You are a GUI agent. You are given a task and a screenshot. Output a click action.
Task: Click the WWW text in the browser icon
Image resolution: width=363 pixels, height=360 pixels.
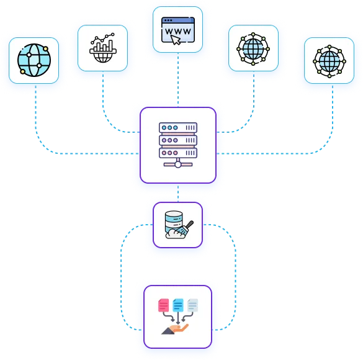(x=178, y=31)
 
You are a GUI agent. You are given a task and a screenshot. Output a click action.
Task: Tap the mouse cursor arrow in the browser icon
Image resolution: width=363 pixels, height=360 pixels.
(x=176, y=40)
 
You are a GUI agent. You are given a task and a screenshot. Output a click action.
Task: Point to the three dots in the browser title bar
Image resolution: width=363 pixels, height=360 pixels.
(x=168, y=20)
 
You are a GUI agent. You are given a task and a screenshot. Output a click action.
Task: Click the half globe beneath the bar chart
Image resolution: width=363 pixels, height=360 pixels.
(x=103, y=56)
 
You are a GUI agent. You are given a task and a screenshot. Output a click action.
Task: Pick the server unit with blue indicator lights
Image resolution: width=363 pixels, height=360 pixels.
(x=178, y=128)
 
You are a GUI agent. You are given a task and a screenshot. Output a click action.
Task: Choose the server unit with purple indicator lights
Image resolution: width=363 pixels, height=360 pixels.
(x=178, y=140)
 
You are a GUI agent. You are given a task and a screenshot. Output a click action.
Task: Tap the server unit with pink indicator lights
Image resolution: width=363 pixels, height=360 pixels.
(x=178, y=153)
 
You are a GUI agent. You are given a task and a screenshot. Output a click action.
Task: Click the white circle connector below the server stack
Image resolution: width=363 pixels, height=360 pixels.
(x=178, y=164)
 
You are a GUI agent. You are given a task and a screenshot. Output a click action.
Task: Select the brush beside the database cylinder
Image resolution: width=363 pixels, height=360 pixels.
(x=186, y=228)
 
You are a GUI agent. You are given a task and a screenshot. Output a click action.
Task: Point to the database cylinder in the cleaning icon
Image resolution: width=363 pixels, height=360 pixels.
(x=174, y=222)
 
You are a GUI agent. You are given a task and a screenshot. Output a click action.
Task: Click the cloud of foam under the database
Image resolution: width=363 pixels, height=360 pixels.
(x=175, y=234)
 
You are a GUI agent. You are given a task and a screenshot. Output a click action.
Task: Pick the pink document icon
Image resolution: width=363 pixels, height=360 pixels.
(x=163, y=305)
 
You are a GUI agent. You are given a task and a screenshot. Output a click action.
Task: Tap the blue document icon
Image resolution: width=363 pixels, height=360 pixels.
(x=178, y=305)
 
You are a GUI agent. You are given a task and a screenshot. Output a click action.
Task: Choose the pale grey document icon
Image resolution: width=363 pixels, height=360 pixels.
(x=192, y=305)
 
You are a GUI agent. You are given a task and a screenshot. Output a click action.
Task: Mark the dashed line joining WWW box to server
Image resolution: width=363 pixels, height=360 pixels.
(x=178, y=80)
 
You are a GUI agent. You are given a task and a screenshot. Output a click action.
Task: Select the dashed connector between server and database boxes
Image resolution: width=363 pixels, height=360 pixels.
(x=178, y=192)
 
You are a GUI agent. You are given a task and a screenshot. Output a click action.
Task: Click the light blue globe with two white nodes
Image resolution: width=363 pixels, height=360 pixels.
(x=34, y=60)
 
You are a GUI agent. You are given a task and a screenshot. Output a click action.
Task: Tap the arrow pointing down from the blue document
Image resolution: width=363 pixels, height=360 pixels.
(x=178, y=318)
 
